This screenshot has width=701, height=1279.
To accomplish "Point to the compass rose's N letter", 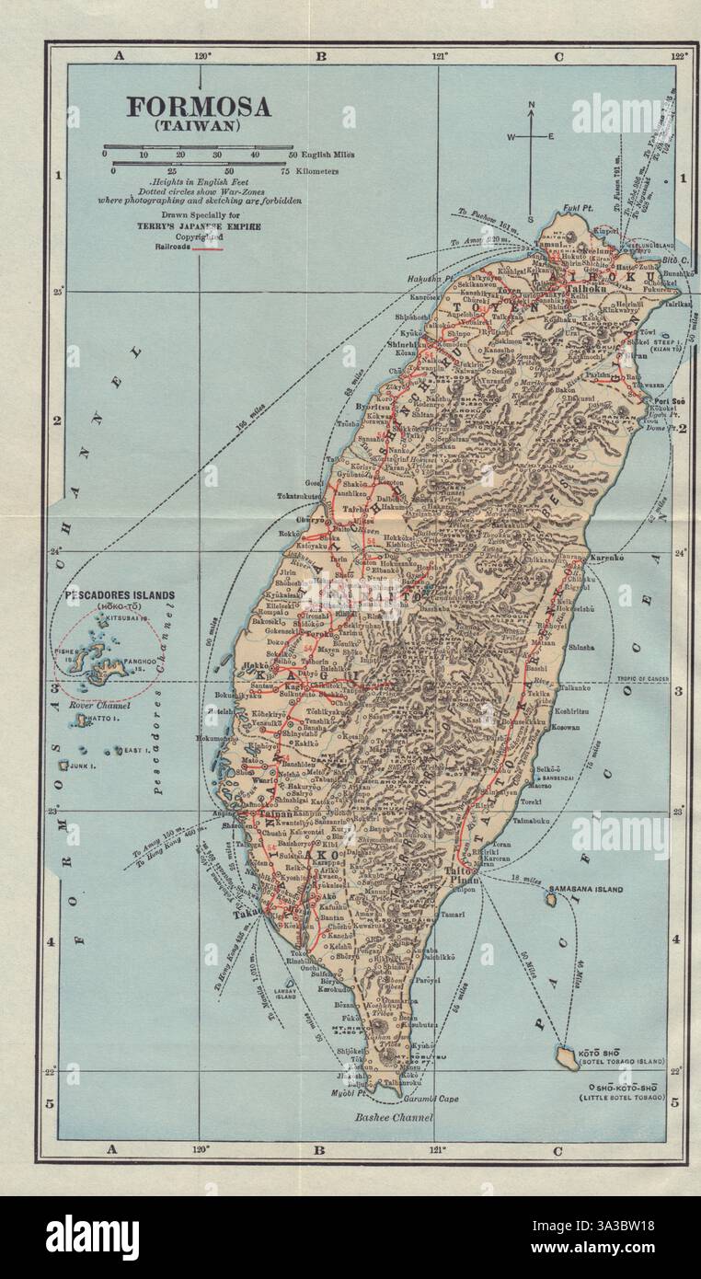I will point(532,106).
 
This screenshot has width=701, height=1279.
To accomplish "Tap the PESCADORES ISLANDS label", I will point(119,595).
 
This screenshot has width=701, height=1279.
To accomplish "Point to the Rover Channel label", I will point(99,706).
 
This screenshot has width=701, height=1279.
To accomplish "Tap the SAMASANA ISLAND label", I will point(585,890).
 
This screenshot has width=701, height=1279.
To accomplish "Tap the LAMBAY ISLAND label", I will point(285,992).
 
